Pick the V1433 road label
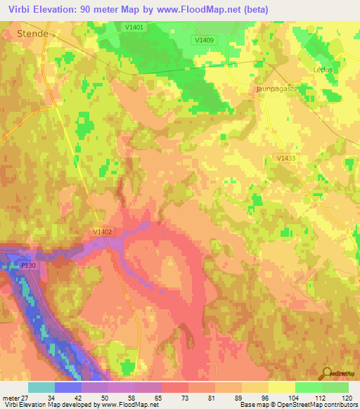click(286, 159)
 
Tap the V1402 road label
click(102, 231)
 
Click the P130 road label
click(27, 265)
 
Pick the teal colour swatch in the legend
click(41, 387)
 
